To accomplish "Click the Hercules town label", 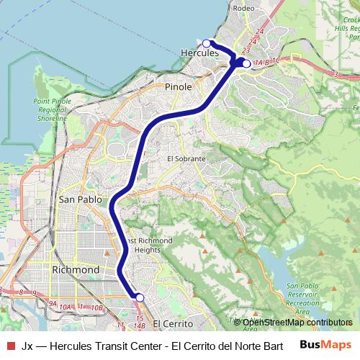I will (x=199, y=53).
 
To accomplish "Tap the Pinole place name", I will (x=179, y=86).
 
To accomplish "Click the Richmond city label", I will (x=76, y=270).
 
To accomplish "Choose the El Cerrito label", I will (x=174, y=324).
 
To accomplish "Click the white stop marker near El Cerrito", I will (x=140, y=297).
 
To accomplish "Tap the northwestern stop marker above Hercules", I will (x=207, y=43).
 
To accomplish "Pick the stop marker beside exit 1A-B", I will (x=246, y=64).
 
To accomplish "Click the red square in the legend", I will (x=11, y=344).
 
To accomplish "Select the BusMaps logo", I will (x=325, y=344).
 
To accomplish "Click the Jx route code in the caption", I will (x=27, y=344).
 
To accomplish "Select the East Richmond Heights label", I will (x=148, y=245).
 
